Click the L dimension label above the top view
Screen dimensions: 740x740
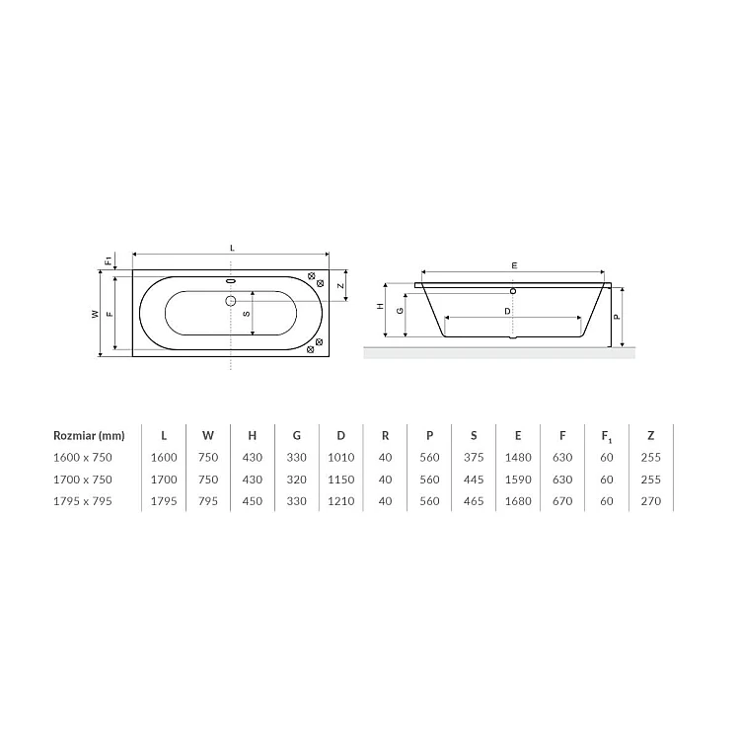coord(232,249)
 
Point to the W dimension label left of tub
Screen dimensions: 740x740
coord(96,314)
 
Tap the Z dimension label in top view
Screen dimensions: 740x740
coord(340,286)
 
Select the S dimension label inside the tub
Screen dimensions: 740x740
coord(247,314)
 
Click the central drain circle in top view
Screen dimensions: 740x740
coord(230,301)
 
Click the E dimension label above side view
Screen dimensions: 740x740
coord(514,265)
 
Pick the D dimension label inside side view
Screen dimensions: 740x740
coord(507,312)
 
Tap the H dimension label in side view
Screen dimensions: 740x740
coord(381,306)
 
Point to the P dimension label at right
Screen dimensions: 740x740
coord(617,317)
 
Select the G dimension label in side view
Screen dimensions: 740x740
coord(400,311)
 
